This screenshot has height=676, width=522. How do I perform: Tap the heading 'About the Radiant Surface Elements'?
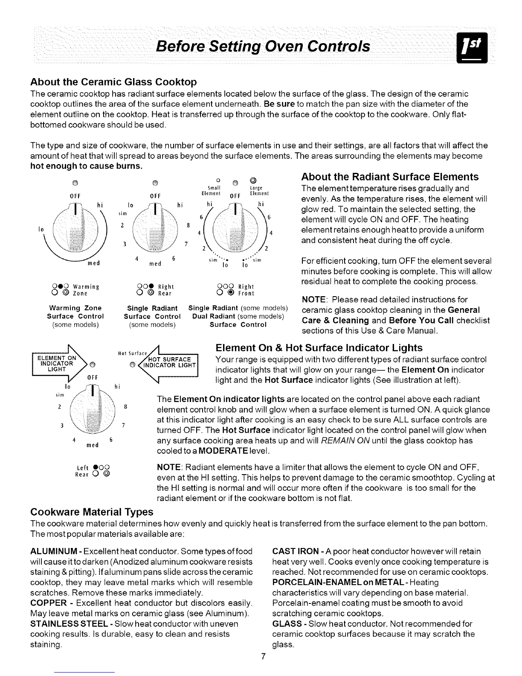[x=390, y=177]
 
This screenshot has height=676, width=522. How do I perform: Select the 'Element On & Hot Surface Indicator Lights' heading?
[x=319, y=347]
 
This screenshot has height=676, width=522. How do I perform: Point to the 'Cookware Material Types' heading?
[x=92, y=511]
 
